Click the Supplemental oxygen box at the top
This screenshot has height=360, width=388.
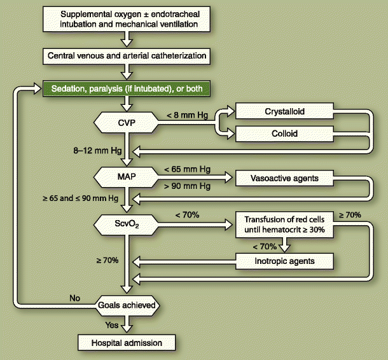pyautogui.click(x=128, y=19)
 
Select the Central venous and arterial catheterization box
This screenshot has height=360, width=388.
pyautogui.click(x=128, y=56)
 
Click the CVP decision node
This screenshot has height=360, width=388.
pyautogui.click(x=128, y=120)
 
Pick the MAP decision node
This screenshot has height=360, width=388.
pyautogui.click(x=128, y=175)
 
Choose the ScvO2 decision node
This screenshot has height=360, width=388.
pyautogui.click(x=128, y=224)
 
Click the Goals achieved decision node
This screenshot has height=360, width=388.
pyautogui.click(x=128, y=305)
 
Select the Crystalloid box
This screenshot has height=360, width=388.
pyautogui.click(x=284, y=111)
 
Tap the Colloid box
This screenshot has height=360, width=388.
pyautogui.click(x=284, y=134)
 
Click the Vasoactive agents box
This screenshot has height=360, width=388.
pyautogui.click(x=284, y=178)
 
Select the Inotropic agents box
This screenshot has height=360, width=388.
pyautogui.click(x=284, y=260)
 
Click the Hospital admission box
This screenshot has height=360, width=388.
pyautogui.click(x=128, y=343)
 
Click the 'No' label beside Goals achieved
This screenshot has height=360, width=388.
pyautogui.click(x=75, y=297)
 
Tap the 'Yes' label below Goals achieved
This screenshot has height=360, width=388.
pyautogui.click(x=113, y=323)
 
